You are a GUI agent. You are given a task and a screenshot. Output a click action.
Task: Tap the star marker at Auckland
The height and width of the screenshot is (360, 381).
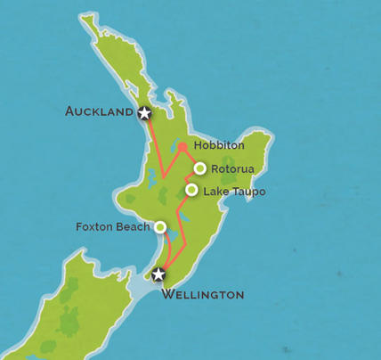pos(144,112)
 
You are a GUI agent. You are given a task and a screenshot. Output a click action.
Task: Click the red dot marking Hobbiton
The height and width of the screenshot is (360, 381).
pos(182,147)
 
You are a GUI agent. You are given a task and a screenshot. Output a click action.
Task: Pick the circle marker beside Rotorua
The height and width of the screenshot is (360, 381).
pos(200,168)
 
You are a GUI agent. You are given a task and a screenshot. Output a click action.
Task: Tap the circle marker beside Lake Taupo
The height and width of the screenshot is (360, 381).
pos(191,190)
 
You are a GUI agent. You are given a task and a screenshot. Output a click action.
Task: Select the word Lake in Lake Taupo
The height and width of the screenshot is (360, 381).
pos(215,191)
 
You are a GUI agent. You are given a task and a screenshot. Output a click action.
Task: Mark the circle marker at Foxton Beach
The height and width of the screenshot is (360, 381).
pos(160,227)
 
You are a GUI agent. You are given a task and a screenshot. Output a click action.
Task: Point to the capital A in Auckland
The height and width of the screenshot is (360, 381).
pos(70,111)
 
